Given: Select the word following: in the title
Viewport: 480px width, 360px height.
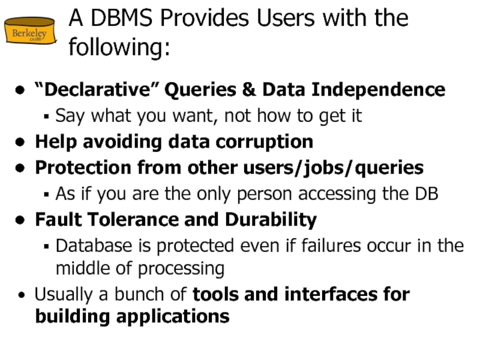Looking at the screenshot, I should coord(119,47).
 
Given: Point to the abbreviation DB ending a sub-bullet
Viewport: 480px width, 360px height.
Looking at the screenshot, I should coord(427,194).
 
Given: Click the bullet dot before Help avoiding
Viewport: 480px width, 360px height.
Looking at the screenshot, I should coord(21,143).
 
